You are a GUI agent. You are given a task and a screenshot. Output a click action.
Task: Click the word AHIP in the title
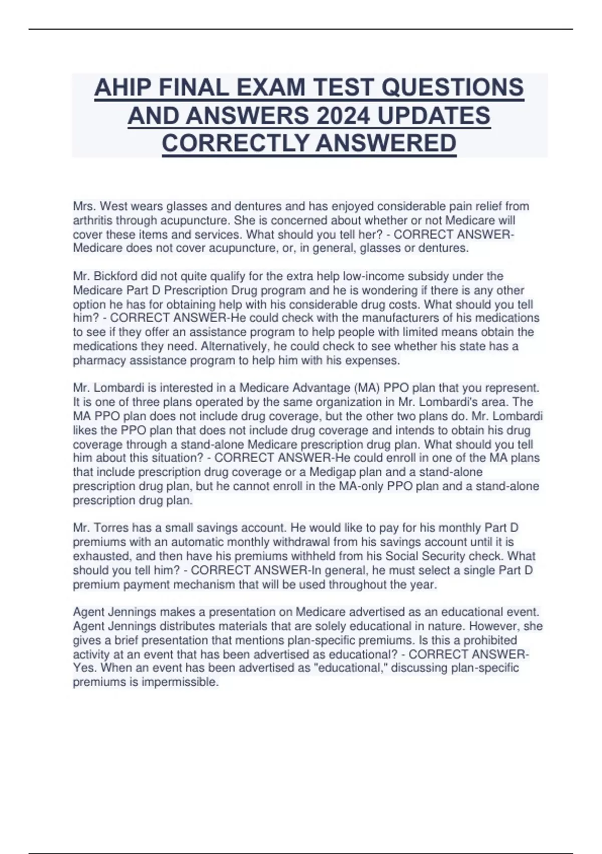(122, 88)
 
